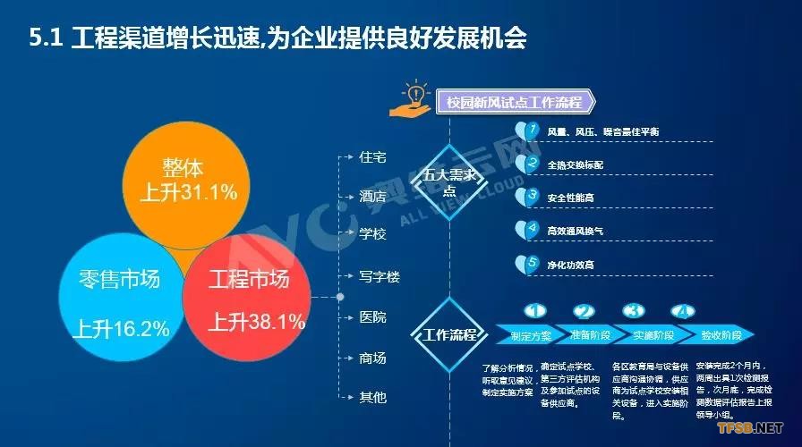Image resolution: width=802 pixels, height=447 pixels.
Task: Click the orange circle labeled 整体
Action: [188, 179]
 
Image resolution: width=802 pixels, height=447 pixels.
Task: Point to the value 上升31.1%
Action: [189, 191]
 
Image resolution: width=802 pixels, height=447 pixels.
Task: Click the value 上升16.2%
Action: [122, 328]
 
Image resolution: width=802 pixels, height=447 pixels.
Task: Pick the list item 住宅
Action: [372, 157]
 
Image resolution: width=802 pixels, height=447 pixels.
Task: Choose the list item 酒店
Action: [372, 197]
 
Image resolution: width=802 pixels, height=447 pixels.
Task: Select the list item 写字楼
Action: [379, 276]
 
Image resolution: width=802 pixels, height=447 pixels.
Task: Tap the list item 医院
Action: [372, 316]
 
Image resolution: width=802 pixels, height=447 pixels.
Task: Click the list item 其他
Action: [372, 396]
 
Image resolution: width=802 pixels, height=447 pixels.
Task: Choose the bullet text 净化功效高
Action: [571, 265]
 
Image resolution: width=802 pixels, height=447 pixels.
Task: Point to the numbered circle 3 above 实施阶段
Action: [634, 312]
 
